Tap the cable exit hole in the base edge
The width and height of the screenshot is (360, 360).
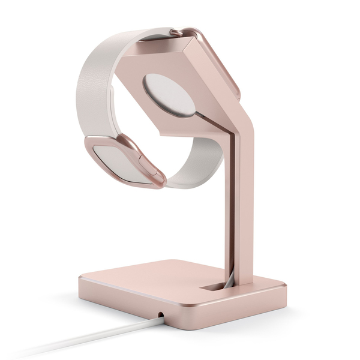(x=161, y=314)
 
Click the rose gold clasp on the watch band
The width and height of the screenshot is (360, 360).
(x=126, y=159)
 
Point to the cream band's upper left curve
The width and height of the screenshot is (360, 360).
(x=90, y=66)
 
